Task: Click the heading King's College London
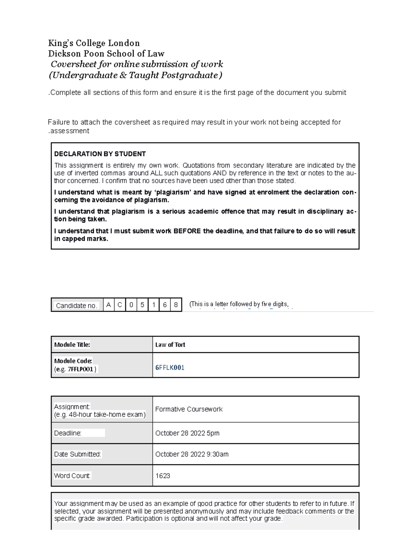[x=94, y=43]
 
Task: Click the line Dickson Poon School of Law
[x=106, y=54]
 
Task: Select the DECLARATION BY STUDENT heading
[x=100, y=154]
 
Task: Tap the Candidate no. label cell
[x=77, y=305]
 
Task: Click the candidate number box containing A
[x=108, y=305]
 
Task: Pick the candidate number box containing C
[x=120, y=305]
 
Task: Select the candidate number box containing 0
[x=131, y=305]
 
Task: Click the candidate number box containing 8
[x=176, y=305]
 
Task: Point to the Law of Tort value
[x=170, y=345]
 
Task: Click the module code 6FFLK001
[x=170, y=368]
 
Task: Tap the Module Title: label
[x=72, y=345]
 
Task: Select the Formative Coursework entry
[x=189, y=409]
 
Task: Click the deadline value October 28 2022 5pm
[x=187, y=433]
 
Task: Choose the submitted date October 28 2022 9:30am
[x=192, y=454]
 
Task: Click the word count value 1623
[x=163, y=476]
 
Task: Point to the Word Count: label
[x=72, y=476]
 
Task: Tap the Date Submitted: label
[x=78, y=454]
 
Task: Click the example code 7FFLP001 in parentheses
[x=81, y=369]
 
